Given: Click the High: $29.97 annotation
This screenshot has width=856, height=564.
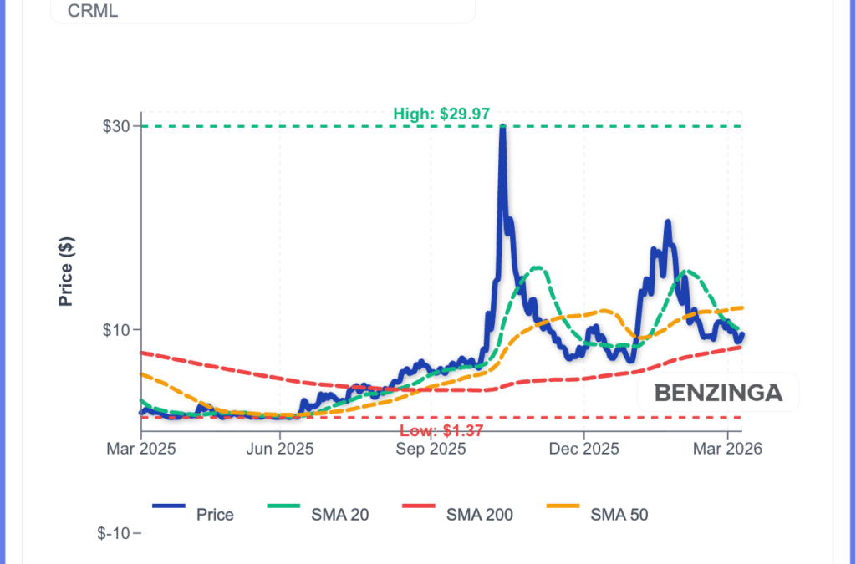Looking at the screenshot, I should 441,114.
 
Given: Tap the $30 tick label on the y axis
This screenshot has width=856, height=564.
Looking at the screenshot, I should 116,126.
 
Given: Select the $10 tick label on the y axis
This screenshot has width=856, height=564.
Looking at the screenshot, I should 116,329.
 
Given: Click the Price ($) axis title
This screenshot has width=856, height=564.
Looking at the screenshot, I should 66,271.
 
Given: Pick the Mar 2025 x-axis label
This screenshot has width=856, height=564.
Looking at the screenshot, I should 141,449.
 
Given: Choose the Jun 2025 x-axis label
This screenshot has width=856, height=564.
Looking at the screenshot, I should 279,449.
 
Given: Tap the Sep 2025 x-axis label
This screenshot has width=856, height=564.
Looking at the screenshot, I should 431,449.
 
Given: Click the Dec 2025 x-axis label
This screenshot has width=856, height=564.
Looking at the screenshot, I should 583,449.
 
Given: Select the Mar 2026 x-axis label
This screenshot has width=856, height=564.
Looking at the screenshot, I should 727,449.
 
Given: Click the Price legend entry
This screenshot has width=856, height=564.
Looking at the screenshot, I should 215,515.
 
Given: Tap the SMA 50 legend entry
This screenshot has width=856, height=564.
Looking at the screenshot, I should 619,515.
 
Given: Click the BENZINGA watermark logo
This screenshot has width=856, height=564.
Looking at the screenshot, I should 718,393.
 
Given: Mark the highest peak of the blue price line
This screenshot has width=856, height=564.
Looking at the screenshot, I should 502,126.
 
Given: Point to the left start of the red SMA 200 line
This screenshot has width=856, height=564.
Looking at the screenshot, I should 142,353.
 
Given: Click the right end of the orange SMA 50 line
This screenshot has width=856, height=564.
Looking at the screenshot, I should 742,308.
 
